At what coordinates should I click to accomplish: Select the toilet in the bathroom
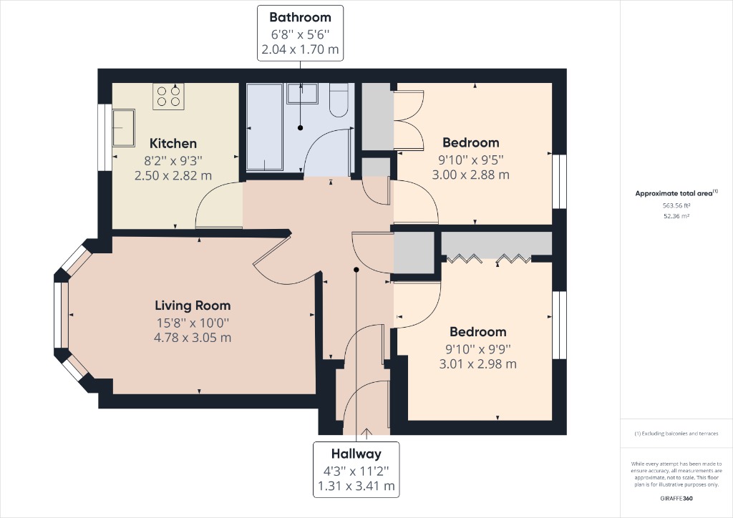pyautogui.click(x=339, y=100)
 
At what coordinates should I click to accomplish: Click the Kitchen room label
pyautogui.click(x=173, y=143)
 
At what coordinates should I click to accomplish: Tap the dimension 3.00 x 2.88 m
pyautogui.click(x=470, y=175)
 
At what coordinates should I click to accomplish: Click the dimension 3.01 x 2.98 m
pyautogui.click(x=477, y=363)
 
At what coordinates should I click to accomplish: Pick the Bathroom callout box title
pyautogui.click(x=300, y=17)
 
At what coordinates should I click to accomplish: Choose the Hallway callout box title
pyautogui.click(x=356, y=454)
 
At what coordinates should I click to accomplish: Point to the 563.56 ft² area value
pyautogui.click(x=676, y=205)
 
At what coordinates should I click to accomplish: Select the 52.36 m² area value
pyautogui.click(x=676, y=216)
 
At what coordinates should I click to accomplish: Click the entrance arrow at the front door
pyautogui.click(x=367, y=431)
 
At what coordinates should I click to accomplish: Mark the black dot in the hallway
pyautogui.click(x=356, y=270)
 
